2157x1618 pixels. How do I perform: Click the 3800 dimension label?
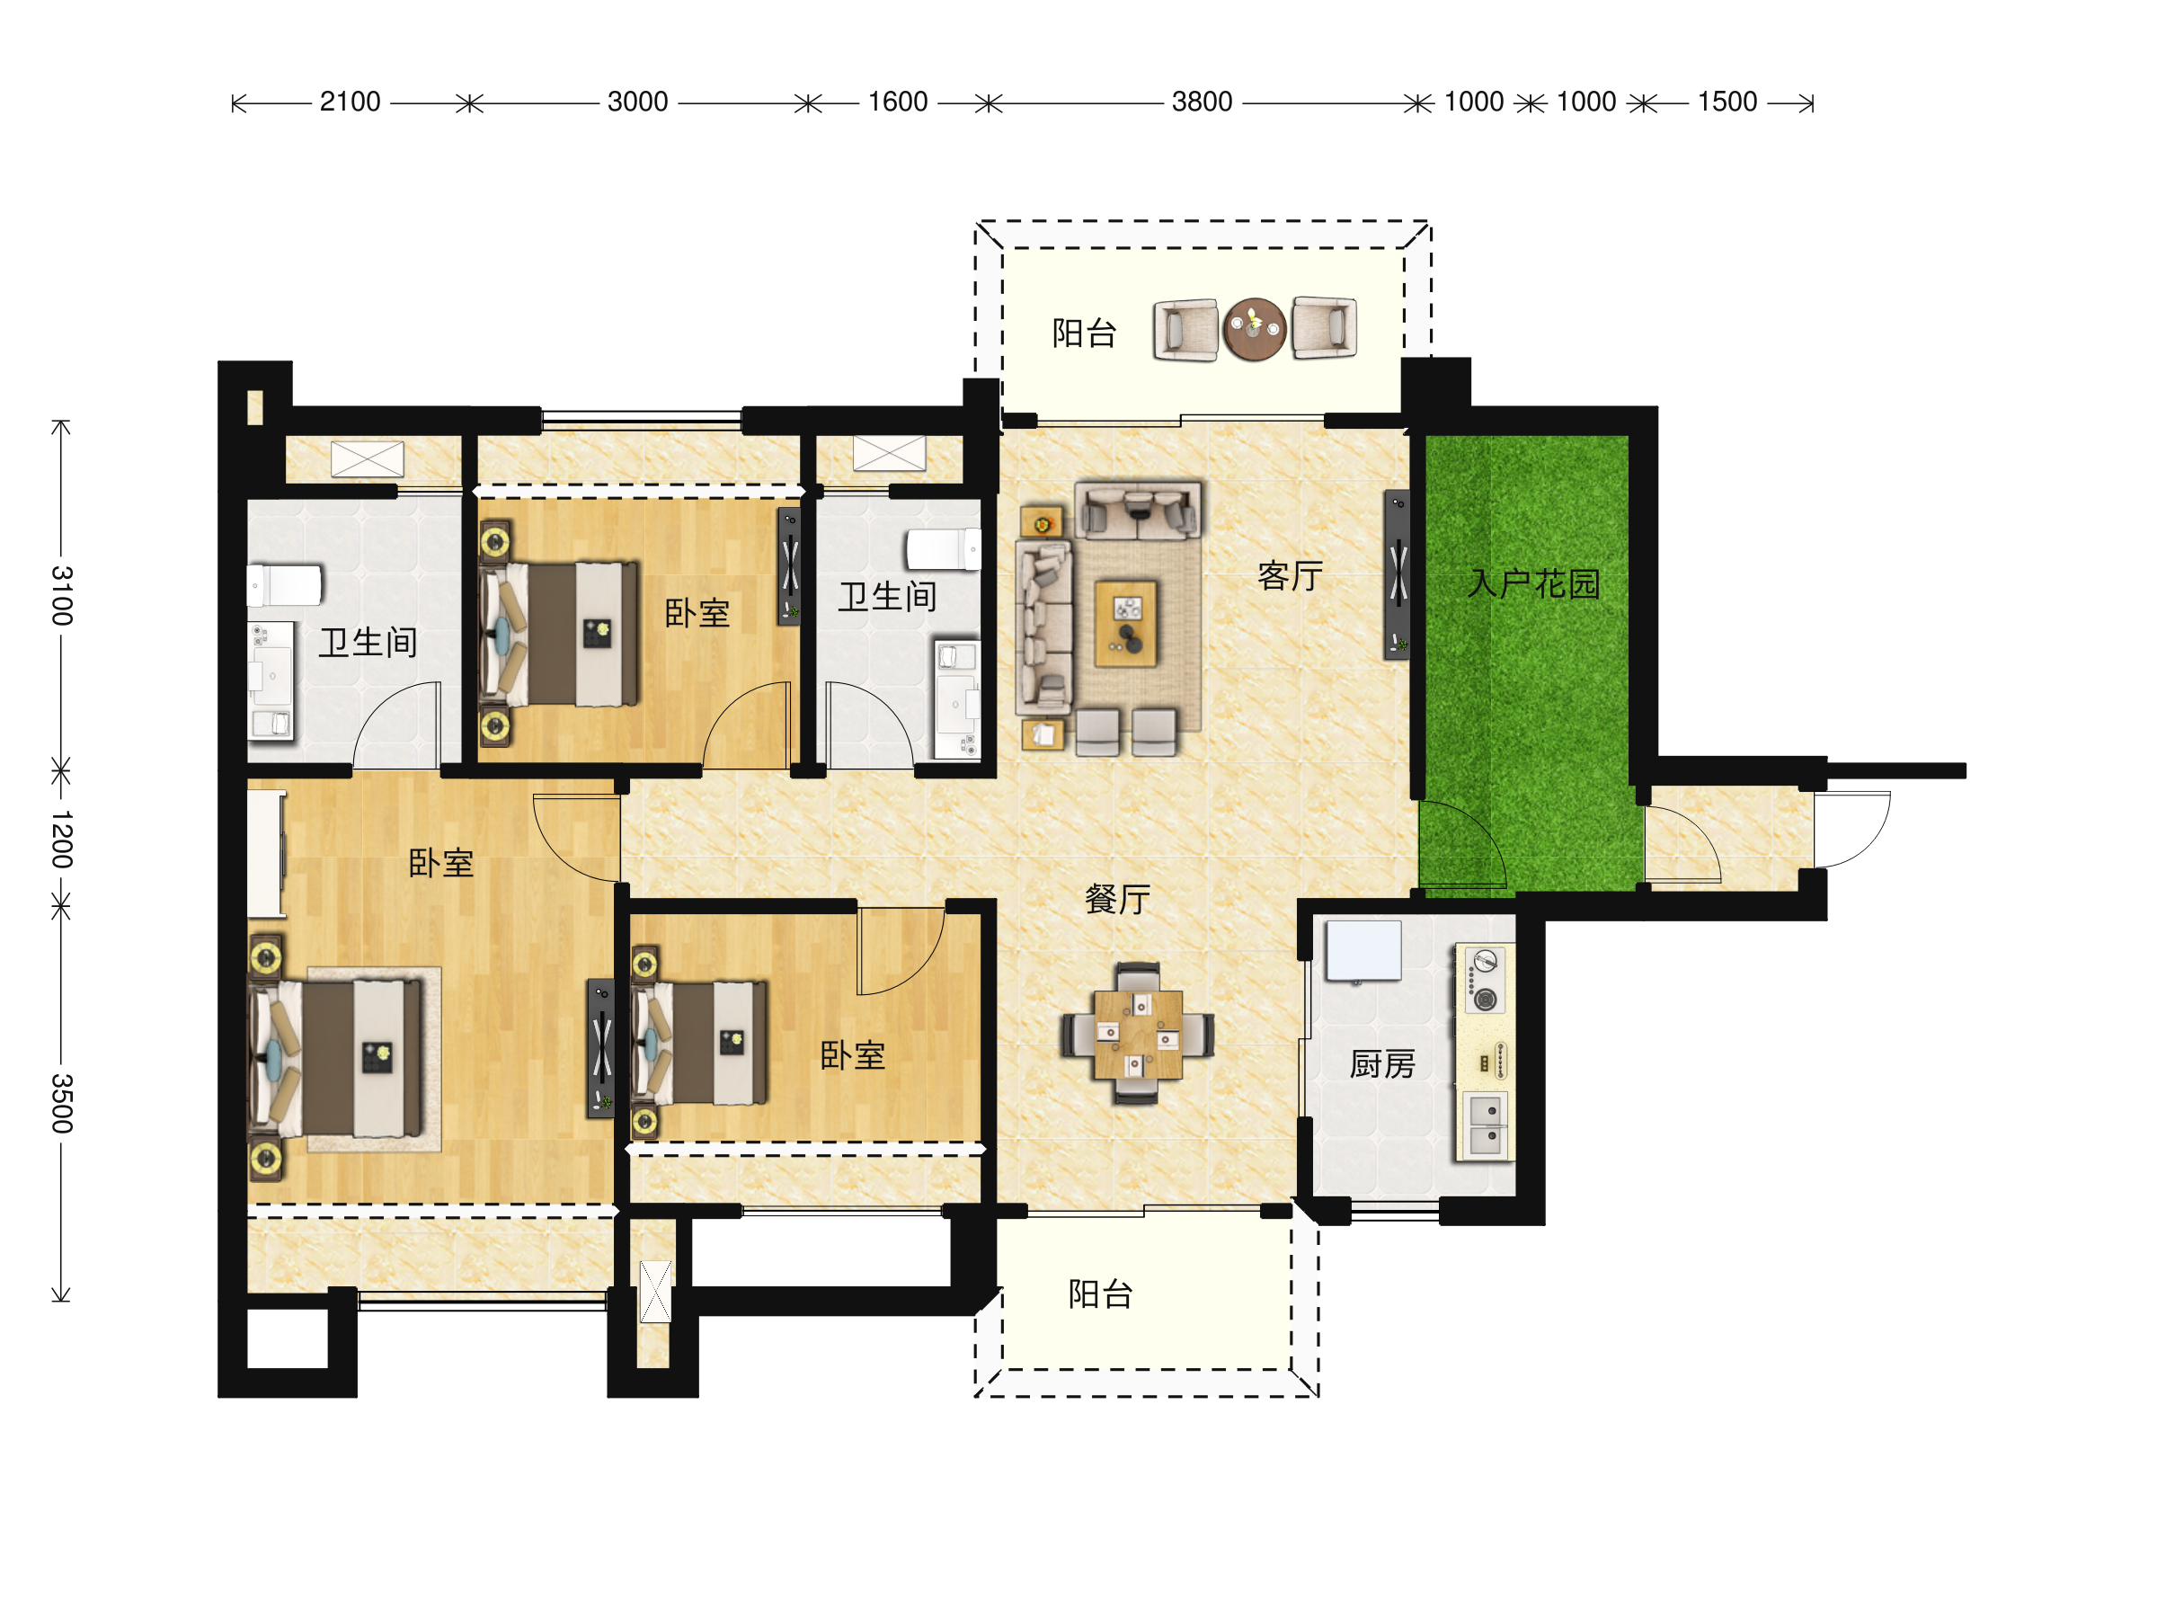coord(1202,102)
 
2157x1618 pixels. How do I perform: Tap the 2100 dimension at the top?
coord(351,102)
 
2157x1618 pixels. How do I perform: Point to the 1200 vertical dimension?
coord(61,839)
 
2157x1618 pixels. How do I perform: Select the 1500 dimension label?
coord(1727,102)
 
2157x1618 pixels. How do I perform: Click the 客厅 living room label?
coord(1290,576)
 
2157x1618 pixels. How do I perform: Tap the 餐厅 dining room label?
coord(1117,899)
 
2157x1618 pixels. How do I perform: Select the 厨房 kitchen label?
coord(1381,1064)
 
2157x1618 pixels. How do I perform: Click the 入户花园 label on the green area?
coord(1534,584)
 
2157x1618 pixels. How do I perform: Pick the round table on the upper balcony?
coord(1255,330)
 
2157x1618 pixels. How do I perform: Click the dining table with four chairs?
coord(1138,1034)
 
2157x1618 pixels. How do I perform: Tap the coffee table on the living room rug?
coord(1126,623)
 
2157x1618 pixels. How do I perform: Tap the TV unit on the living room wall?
coord(1398,574)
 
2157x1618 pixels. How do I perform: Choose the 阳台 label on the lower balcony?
coord(1101,1294)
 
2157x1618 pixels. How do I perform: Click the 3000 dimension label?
coord(638,102)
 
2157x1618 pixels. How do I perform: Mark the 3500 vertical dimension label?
coord(61,1103)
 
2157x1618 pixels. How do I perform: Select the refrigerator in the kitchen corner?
coord(1363,950)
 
